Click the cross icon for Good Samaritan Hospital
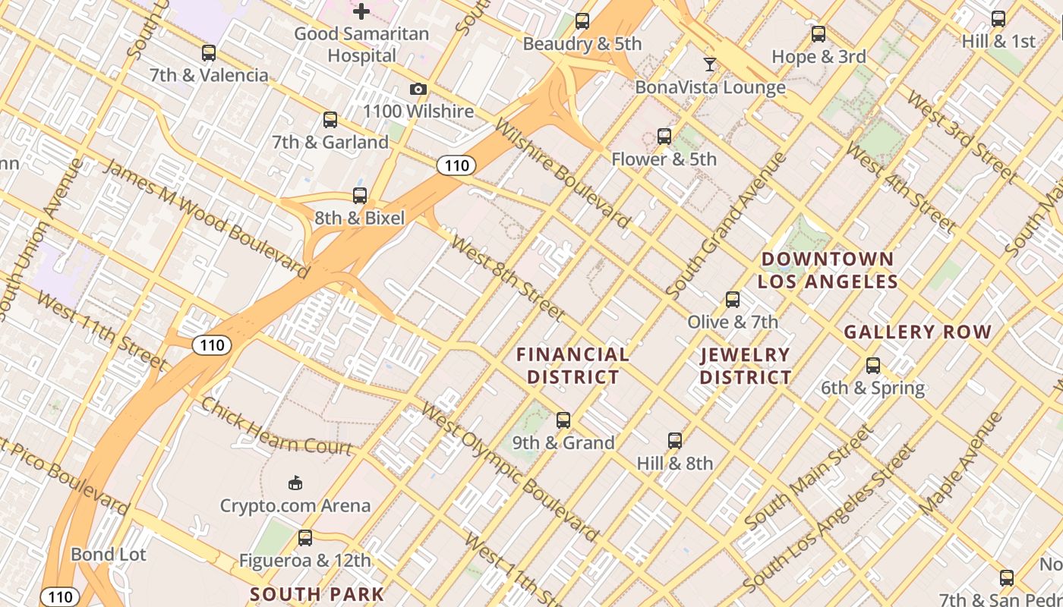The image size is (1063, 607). click(x=361, y=11)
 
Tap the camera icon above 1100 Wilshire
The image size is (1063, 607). click(x=418, y=90)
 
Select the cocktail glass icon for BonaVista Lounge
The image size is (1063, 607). click(x=710, y=64)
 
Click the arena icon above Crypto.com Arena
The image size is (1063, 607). click(x=295, y=483)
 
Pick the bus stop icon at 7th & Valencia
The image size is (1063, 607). click(x=209, y=53)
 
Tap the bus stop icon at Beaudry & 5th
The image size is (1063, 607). click(x=582, y=21)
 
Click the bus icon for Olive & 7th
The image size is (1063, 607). click(x=733, y=300)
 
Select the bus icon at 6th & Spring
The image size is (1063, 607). click(x=873, y=366)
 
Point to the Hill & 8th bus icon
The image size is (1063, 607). click(x=675, y=441)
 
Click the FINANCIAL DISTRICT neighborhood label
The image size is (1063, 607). click(x=573, y=366)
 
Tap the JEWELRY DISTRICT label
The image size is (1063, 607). click(x=746, y=366)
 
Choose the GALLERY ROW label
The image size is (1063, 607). click(x=918, y=332)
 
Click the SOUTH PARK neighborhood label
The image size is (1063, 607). click(x=317, y=594)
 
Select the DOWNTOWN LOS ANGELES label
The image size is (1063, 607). click(x=828, y=270)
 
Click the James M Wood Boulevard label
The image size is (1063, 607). click(x=205, y=217)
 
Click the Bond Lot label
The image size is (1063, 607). click(x=109, y=555)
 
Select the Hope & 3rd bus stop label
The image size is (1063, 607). click(x=819, y=56)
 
